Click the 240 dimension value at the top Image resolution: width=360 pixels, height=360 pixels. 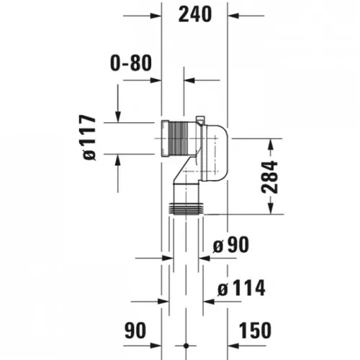pos(195,14)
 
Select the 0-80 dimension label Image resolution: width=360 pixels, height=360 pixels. pos(131,63)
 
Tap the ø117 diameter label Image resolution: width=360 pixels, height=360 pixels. pos(89,138)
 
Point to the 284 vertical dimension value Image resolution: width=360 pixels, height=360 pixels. pos(269,177)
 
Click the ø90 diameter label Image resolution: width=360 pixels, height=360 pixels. pos(231,245)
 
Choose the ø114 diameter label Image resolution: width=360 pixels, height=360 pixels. pos(241,288)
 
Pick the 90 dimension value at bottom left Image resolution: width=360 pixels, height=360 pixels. pos(135,330)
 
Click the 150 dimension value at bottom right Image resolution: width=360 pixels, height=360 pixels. pos(255,330)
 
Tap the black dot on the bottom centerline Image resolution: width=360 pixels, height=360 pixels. pos(186,346)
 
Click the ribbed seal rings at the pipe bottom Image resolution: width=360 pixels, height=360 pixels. pos(186,209)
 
